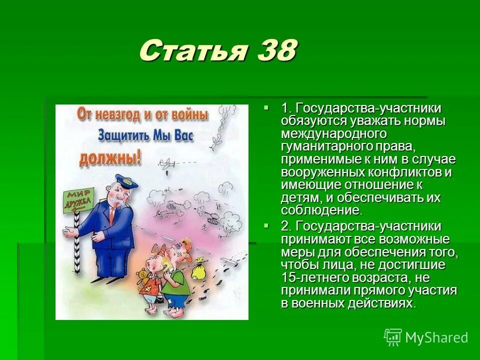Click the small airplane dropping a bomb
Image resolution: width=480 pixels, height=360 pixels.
click(x=167, y=163)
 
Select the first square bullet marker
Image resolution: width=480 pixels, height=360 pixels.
click(x=266, y=107)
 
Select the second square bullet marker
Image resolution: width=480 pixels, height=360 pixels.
click(x=266, y=225)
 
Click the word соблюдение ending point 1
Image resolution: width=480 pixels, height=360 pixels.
click(x=320, y=210)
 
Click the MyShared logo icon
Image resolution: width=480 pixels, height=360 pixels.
click(x=393, y=337)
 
